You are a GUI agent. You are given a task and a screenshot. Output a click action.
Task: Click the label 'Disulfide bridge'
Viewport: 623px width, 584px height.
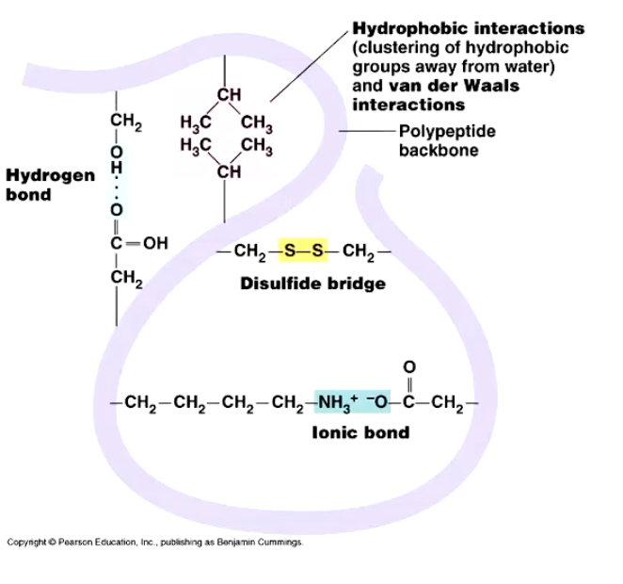pyautogui.click(x=312, y=283)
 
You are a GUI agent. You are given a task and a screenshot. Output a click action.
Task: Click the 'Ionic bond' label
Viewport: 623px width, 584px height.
pyautogui.click(x=360, y=432)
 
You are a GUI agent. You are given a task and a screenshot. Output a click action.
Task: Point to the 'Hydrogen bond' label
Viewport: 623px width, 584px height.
pyautogui.click(x=50, y=185)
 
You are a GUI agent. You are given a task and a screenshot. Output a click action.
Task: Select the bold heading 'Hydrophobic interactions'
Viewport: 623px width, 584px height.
pyautogui.click(x=468, y=28)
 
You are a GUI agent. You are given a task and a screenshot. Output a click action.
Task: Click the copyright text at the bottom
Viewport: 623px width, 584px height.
pyautogui.click(x=154, y=542)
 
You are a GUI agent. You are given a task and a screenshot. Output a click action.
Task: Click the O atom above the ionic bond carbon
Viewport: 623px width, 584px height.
pyautogui.click(x=408, y=366)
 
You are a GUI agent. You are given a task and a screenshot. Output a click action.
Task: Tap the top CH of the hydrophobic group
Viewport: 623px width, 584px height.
pyautogui.click(x=229, y=94)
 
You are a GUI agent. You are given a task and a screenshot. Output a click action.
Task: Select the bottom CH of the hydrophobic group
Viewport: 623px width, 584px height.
pyautogui.click(x=229, y=171)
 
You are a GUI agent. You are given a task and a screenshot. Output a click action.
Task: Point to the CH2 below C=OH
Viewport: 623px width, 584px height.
pyautogui.click(x=125, y=277)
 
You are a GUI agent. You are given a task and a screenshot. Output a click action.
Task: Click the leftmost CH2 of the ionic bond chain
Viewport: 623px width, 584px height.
pyautogui.click(x=139, y=404)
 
